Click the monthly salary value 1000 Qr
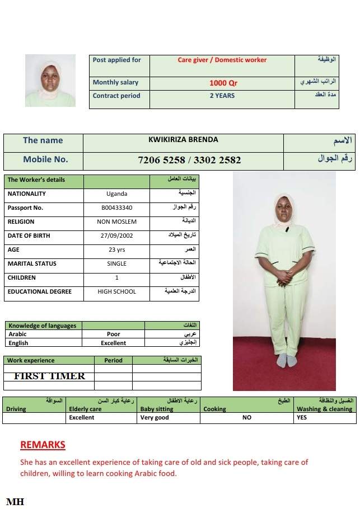(223, 83)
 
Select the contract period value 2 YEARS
(222, 96)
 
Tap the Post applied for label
(117, 60)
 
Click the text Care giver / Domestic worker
(222, 60)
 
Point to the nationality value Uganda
(116, 194)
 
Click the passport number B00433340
(116, 208)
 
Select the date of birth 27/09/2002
(116, 236)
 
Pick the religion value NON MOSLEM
(116, 222)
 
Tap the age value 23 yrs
(116, 250)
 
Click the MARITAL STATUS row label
(32, 264)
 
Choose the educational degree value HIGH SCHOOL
(116, 292)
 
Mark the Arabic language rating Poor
(113, 334)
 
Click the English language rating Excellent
(113, 343)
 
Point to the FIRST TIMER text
(49, 376)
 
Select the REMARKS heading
(43, 445)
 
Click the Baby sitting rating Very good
(155, 418)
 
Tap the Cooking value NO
(247, 418)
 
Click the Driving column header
(16, 409)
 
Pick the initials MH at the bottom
(15, 502)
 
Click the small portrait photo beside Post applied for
(50, 81)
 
